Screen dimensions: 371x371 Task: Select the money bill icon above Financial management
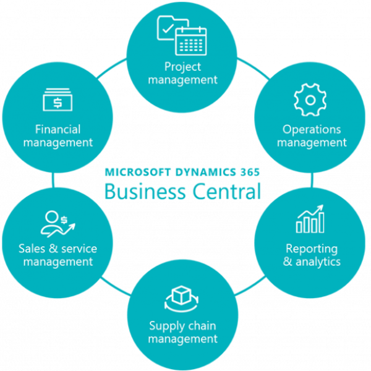click(58, 101)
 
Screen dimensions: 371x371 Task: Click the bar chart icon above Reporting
click(310, 220)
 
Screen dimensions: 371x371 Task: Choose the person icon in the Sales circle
click(51, 221)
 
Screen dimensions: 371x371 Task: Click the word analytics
click(319, 262)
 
